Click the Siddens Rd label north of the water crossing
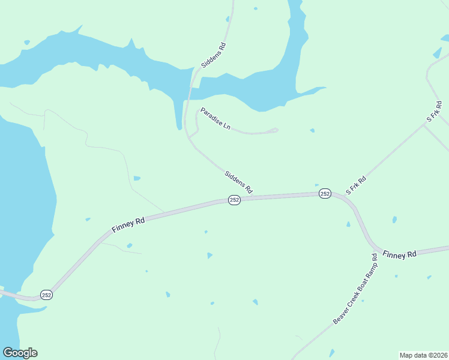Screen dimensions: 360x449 click(213, 55)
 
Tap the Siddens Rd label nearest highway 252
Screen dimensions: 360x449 click(238, 182)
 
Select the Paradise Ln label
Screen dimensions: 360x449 click(215, 119)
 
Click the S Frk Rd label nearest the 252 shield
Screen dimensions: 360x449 click(356, 185)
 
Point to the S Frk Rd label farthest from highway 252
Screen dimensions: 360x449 click(434, 112)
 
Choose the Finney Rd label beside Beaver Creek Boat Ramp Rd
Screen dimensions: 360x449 click(399, 254)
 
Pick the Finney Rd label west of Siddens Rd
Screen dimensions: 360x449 click(128, 226)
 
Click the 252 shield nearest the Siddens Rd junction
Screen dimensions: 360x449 click(234, 200)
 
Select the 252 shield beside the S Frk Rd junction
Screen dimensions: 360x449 click(325, 193)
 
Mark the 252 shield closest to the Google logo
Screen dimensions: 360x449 click(47, 294)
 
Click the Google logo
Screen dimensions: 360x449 click(20, 353)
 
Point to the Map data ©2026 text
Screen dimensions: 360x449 click(423, 355)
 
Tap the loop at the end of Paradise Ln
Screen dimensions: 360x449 click(273, 130)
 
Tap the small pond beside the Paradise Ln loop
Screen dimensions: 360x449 click(312, 130)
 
